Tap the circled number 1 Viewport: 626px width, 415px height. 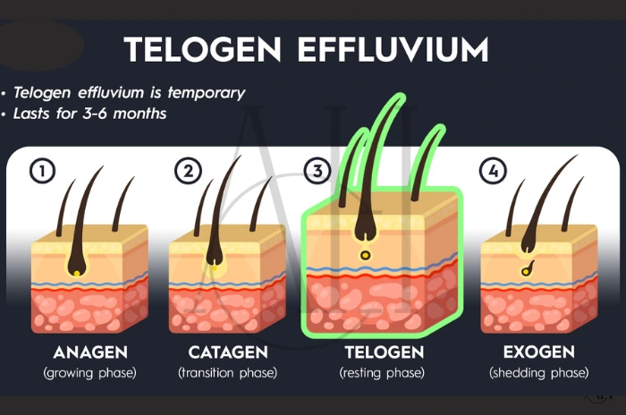coord(41,170)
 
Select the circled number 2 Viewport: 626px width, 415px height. coord(186,170)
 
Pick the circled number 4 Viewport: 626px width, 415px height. coord(490,170)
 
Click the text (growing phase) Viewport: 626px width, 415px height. coord(89,372)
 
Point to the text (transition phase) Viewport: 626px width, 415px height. coord(227,372)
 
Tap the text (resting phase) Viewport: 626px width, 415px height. coord(382,372)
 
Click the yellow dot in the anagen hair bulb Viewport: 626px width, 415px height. coord(78,272)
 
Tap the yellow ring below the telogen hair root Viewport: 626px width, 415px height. coord(365,257)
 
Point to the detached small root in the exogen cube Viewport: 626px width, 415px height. coord(528,267)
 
